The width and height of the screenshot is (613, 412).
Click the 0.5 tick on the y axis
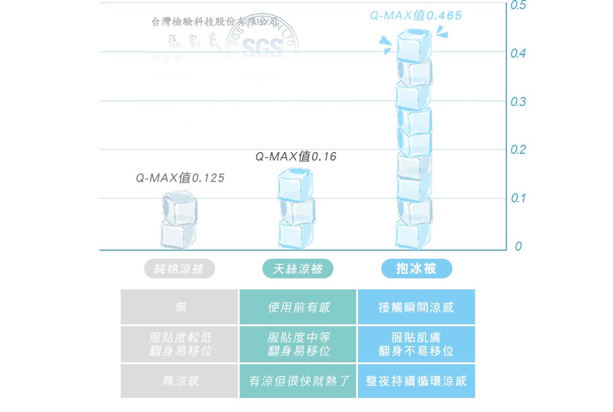tap(517, 6)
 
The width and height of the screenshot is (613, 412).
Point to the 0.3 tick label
tap(517, 102)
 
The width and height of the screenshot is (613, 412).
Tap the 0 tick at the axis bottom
tap(519, 246)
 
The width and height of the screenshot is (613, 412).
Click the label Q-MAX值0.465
tap(416, 15)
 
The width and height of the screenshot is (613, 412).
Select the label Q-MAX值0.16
tap(296, 157)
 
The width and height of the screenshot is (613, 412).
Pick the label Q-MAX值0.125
tap(180, 178)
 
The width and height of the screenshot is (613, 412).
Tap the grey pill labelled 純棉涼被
tap(178, 269)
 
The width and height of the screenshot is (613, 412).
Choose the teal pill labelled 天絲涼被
tap(297, 269)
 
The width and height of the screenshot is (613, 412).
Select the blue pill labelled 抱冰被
tap(416, 269)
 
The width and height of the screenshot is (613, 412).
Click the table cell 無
tap(179, 307)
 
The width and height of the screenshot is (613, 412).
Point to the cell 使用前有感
tap(298, 307)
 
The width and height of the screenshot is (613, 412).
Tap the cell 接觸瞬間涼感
tap(416, 307)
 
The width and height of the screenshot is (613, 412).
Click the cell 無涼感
tap(179, 381)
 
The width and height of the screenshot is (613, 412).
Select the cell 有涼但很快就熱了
tap(298, 381)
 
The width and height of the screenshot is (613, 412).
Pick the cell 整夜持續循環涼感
tap(416, 381)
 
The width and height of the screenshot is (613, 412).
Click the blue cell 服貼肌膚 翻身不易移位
tap(416, 345)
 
